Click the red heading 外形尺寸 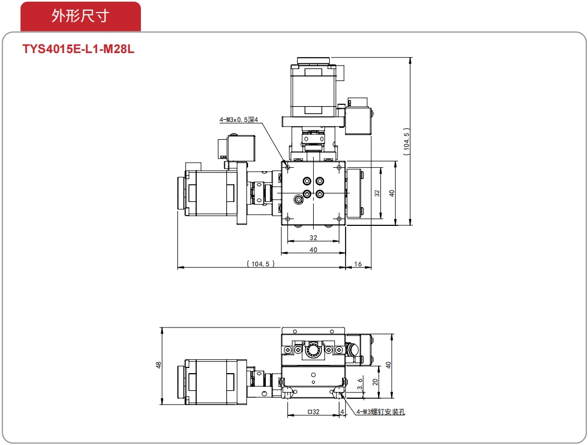[x=80, y=16]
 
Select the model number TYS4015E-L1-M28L [x=78, y=49]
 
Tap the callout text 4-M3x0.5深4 [x=238, y=120]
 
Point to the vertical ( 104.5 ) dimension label [x=407, y=141]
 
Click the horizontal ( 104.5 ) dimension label [x=261, y=264]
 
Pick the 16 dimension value [x=358, y=264]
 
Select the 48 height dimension [x=158, y=365]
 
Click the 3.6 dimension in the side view [x=360, y=384]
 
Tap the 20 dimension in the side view [x=375, y=382]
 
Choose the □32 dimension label [x=314, y=411]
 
